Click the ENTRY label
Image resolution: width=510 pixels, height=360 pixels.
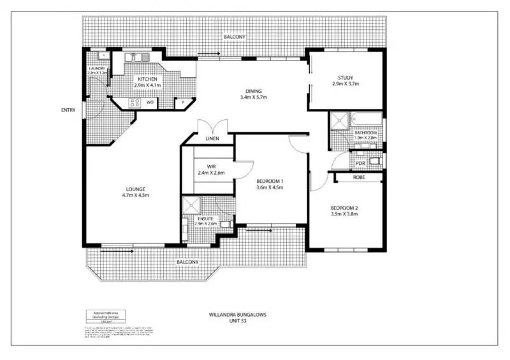click(x=68, y=110)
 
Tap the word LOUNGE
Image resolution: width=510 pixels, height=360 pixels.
click(x=136, y=189)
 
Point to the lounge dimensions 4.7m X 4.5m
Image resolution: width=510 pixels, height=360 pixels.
click(x=136, y=196)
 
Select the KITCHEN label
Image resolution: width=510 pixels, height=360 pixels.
click(x=148, y=78)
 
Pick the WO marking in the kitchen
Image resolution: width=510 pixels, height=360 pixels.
click(x=150, y=101)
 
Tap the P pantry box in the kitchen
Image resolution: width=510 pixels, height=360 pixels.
click(x=183, y=102)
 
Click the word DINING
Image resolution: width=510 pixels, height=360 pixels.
click(x=253, y=90)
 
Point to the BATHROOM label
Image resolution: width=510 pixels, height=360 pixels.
click(x=366, y=133)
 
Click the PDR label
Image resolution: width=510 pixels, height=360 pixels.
click(x=360, y=163)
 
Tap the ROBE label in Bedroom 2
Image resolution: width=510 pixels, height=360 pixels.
click(x=359, y=178)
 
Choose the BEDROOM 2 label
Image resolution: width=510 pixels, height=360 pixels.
click(x=344, y=208)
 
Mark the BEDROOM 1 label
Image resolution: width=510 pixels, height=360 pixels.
click(x=269, y=181)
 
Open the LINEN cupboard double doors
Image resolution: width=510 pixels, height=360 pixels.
click(x=212, y=127)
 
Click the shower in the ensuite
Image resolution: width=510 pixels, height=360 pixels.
click(x=190, y=206)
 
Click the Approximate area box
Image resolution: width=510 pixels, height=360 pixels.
click(x=103, y=316)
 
